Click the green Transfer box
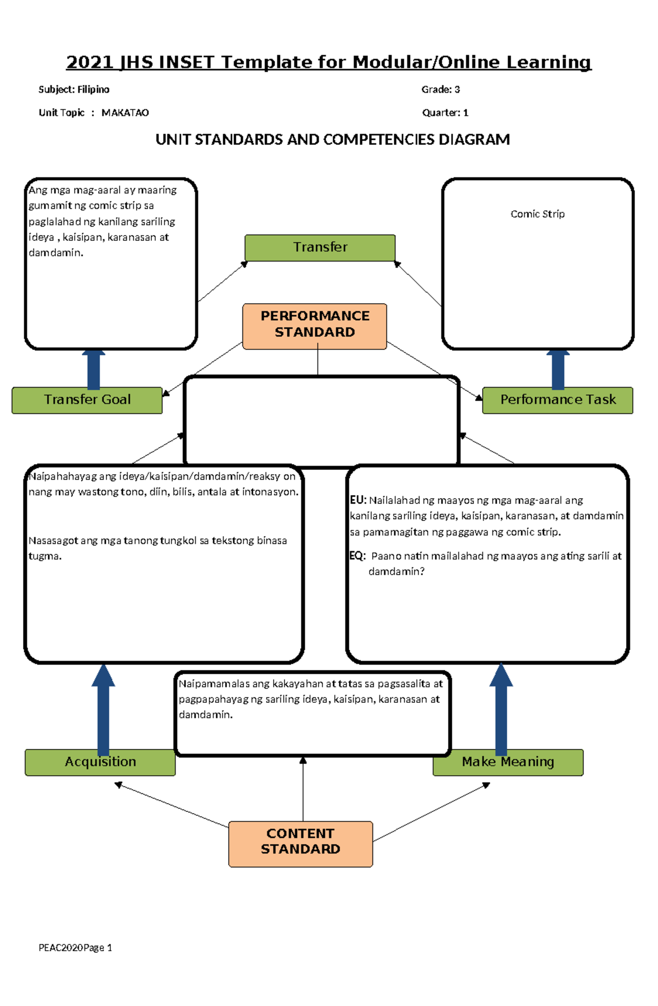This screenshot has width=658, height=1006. pyautogui.click(x=320, y=247)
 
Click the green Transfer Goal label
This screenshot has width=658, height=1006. pyautogui.click(x=87, y=400)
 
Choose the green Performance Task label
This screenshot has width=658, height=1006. pyautogui.click(x=558, y=400)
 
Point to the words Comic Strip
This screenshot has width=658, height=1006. pyautogui.click(x=537, y=214)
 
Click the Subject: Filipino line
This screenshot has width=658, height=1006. pyautogui.click(x=74, y=89)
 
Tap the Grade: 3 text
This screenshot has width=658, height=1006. pyautogui.click(x=440, y=89)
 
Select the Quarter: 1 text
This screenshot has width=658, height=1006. pyautogui.click(x=445, y=113)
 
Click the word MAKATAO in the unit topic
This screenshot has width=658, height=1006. pyautogui.click(x=125, y=113)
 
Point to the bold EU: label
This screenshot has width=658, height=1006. pyautogui.click(x=358, y=500)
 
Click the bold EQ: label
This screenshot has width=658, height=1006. pyautogui.click(x=358, y=556)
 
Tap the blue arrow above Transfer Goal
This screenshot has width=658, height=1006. pyautogui.click(x=94, y=369)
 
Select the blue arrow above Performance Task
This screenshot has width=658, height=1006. pyautogui.click(x=558, y=369)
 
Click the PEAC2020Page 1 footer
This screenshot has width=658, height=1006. pyautogui.click(x=75, y=948)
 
